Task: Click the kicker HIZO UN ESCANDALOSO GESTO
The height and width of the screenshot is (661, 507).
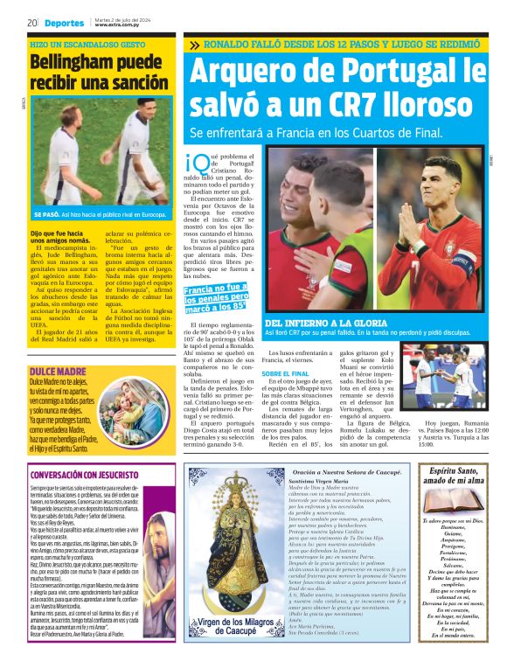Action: [x=87, y=43]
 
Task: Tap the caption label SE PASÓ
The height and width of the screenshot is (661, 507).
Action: [x=47, y=213]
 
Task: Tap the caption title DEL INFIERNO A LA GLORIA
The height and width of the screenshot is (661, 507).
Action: [x=322, y=324]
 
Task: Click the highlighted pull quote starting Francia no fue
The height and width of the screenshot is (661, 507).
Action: [x=216, y=297]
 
